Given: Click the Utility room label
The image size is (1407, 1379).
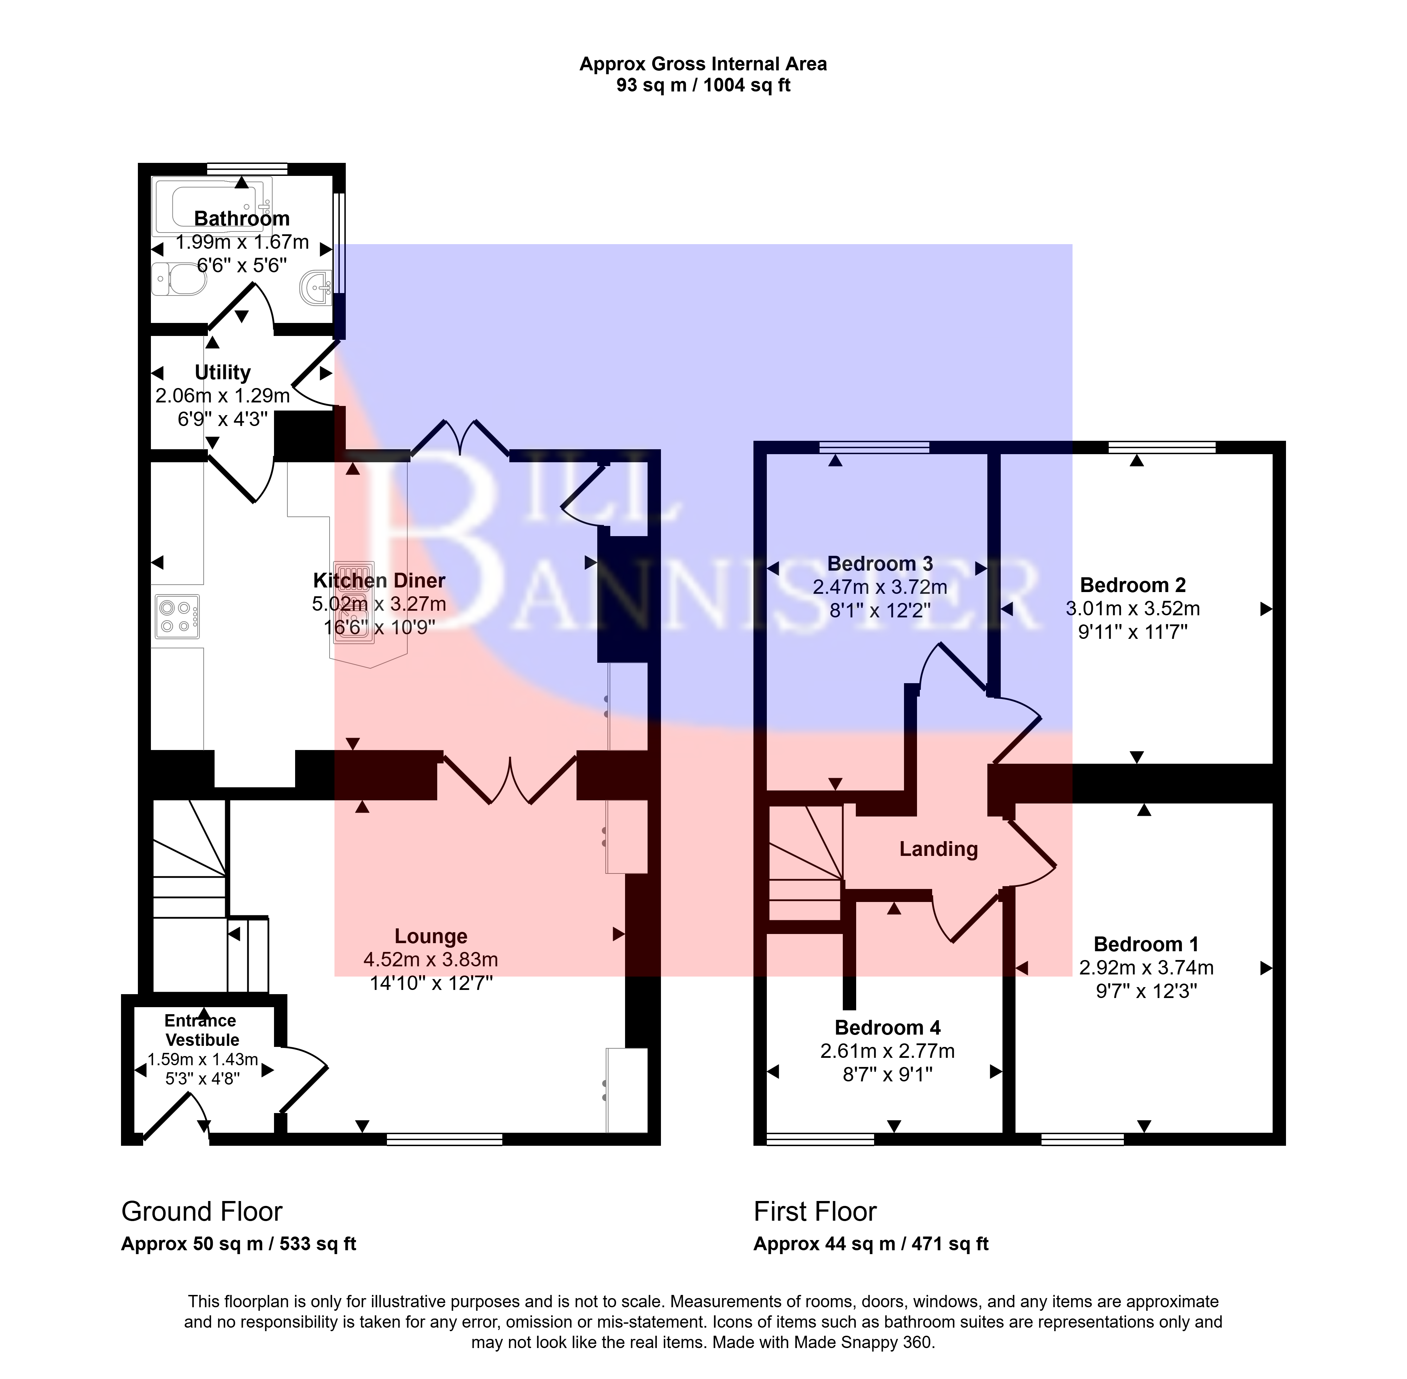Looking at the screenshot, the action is pos(222,372).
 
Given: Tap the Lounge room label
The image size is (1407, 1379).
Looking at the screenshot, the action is pos(431,936).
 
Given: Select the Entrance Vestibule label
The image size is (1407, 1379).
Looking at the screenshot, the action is pos(201,1030).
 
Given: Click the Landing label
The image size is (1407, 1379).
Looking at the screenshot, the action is pos(938,849).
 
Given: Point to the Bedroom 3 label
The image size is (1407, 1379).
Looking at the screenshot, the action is pos(880,564).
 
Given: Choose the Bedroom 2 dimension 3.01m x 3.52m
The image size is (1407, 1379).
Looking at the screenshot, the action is pos(1133,608).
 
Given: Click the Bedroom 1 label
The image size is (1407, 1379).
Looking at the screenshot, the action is pos(1146,945).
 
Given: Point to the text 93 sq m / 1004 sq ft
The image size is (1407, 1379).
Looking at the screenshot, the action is pos(703,85).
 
